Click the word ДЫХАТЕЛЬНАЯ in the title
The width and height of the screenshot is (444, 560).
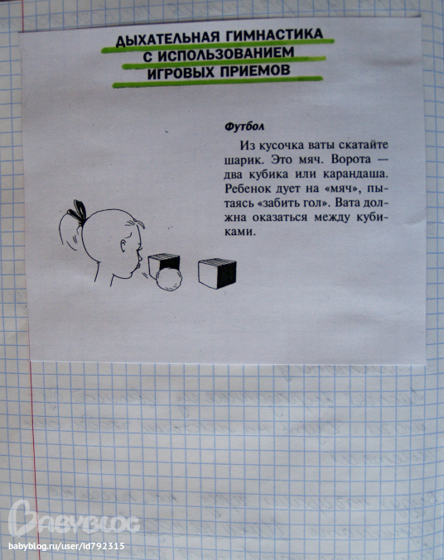(166, 38)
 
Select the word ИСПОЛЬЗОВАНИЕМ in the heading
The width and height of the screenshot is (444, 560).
(224, 54)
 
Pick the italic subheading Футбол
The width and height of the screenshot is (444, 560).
(244, 127)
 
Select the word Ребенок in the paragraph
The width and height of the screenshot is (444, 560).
(248, 189)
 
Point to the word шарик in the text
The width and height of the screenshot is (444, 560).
(244, 160)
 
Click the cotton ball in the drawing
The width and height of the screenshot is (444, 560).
(168, 280)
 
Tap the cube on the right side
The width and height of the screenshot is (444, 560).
(217, 274)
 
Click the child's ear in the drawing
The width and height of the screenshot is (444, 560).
(123, 246)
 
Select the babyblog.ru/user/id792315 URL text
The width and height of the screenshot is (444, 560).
(66, 547)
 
